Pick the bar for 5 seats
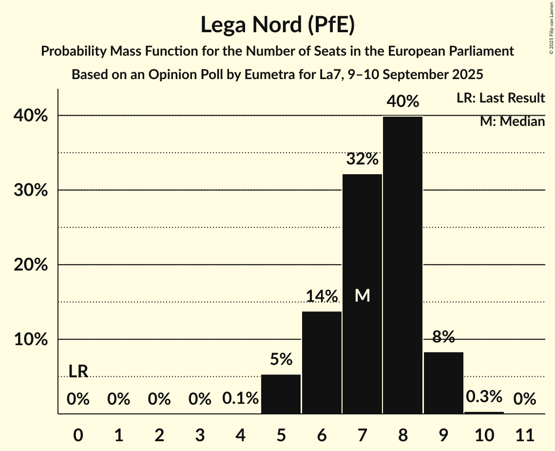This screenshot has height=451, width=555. pos(281,394)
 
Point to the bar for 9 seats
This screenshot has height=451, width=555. pos(443,383)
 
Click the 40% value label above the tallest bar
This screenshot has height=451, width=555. pos(402,102)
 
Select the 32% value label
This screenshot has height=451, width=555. pos(362,159)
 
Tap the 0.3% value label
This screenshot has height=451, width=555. pos(484,396)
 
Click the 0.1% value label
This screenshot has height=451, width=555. pos(240,399)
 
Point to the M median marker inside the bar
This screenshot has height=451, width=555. pos(362,295)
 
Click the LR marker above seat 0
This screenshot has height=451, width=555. pos(78,371)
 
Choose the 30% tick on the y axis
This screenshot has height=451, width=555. pos(34,190)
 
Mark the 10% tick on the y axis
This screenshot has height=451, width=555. pos(34,340)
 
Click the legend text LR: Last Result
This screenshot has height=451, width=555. pos(500,98)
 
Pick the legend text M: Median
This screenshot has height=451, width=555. pos(512,122)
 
